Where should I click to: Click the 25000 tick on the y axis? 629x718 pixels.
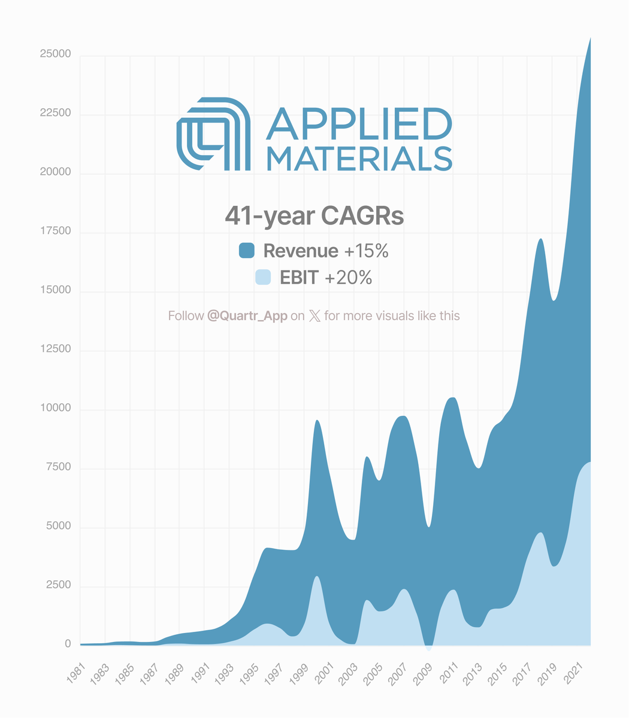55,54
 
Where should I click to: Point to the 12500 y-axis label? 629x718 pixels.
55,349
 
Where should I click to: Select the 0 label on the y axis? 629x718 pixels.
68,644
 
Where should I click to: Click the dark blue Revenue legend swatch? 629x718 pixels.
247,251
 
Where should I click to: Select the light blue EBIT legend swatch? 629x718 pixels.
263,278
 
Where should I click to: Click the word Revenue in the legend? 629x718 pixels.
301,251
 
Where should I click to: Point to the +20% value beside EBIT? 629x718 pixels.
348,278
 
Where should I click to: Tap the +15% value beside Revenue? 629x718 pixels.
366,251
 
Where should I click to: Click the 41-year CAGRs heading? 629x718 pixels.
314,216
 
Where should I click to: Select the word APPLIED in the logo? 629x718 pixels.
358,124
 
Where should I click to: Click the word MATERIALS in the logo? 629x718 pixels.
358,159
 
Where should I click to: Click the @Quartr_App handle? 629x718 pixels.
247,315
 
